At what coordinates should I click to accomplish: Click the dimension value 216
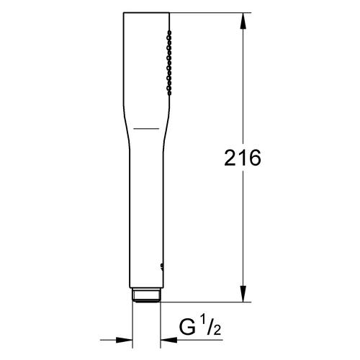(x=243, y=158)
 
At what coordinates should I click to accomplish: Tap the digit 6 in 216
(x=255, y=158)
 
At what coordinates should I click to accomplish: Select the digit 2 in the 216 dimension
(x=230, y=158)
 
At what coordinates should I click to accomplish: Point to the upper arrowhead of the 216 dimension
(x=243, y=21)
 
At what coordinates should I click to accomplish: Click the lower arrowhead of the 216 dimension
(x=243, y=294)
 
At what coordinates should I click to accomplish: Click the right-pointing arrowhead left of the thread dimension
(x=124, y=340)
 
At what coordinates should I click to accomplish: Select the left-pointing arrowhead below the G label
(x=168, y=340)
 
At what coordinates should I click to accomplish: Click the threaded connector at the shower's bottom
(x=146, y=295)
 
